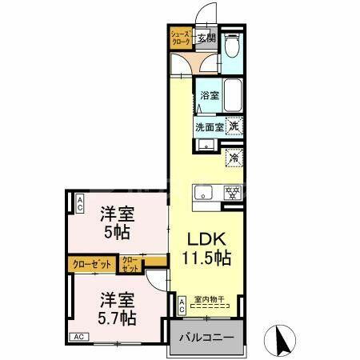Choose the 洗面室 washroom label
(x=208, y=126)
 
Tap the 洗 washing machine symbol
(x=234, y=126)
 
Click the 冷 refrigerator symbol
(x=234, y=158)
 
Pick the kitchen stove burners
(x=233, y=192)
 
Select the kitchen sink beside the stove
(x=203, y=193)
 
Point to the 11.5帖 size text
(x=210, y=258)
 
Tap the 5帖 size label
(x=116, y=233)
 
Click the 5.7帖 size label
(x=117, y=318)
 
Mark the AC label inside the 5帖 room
(x=81, y=204)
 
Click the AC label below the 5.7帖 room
(x=80, y=337)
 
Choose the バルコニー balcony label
(x=206, y=338)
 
